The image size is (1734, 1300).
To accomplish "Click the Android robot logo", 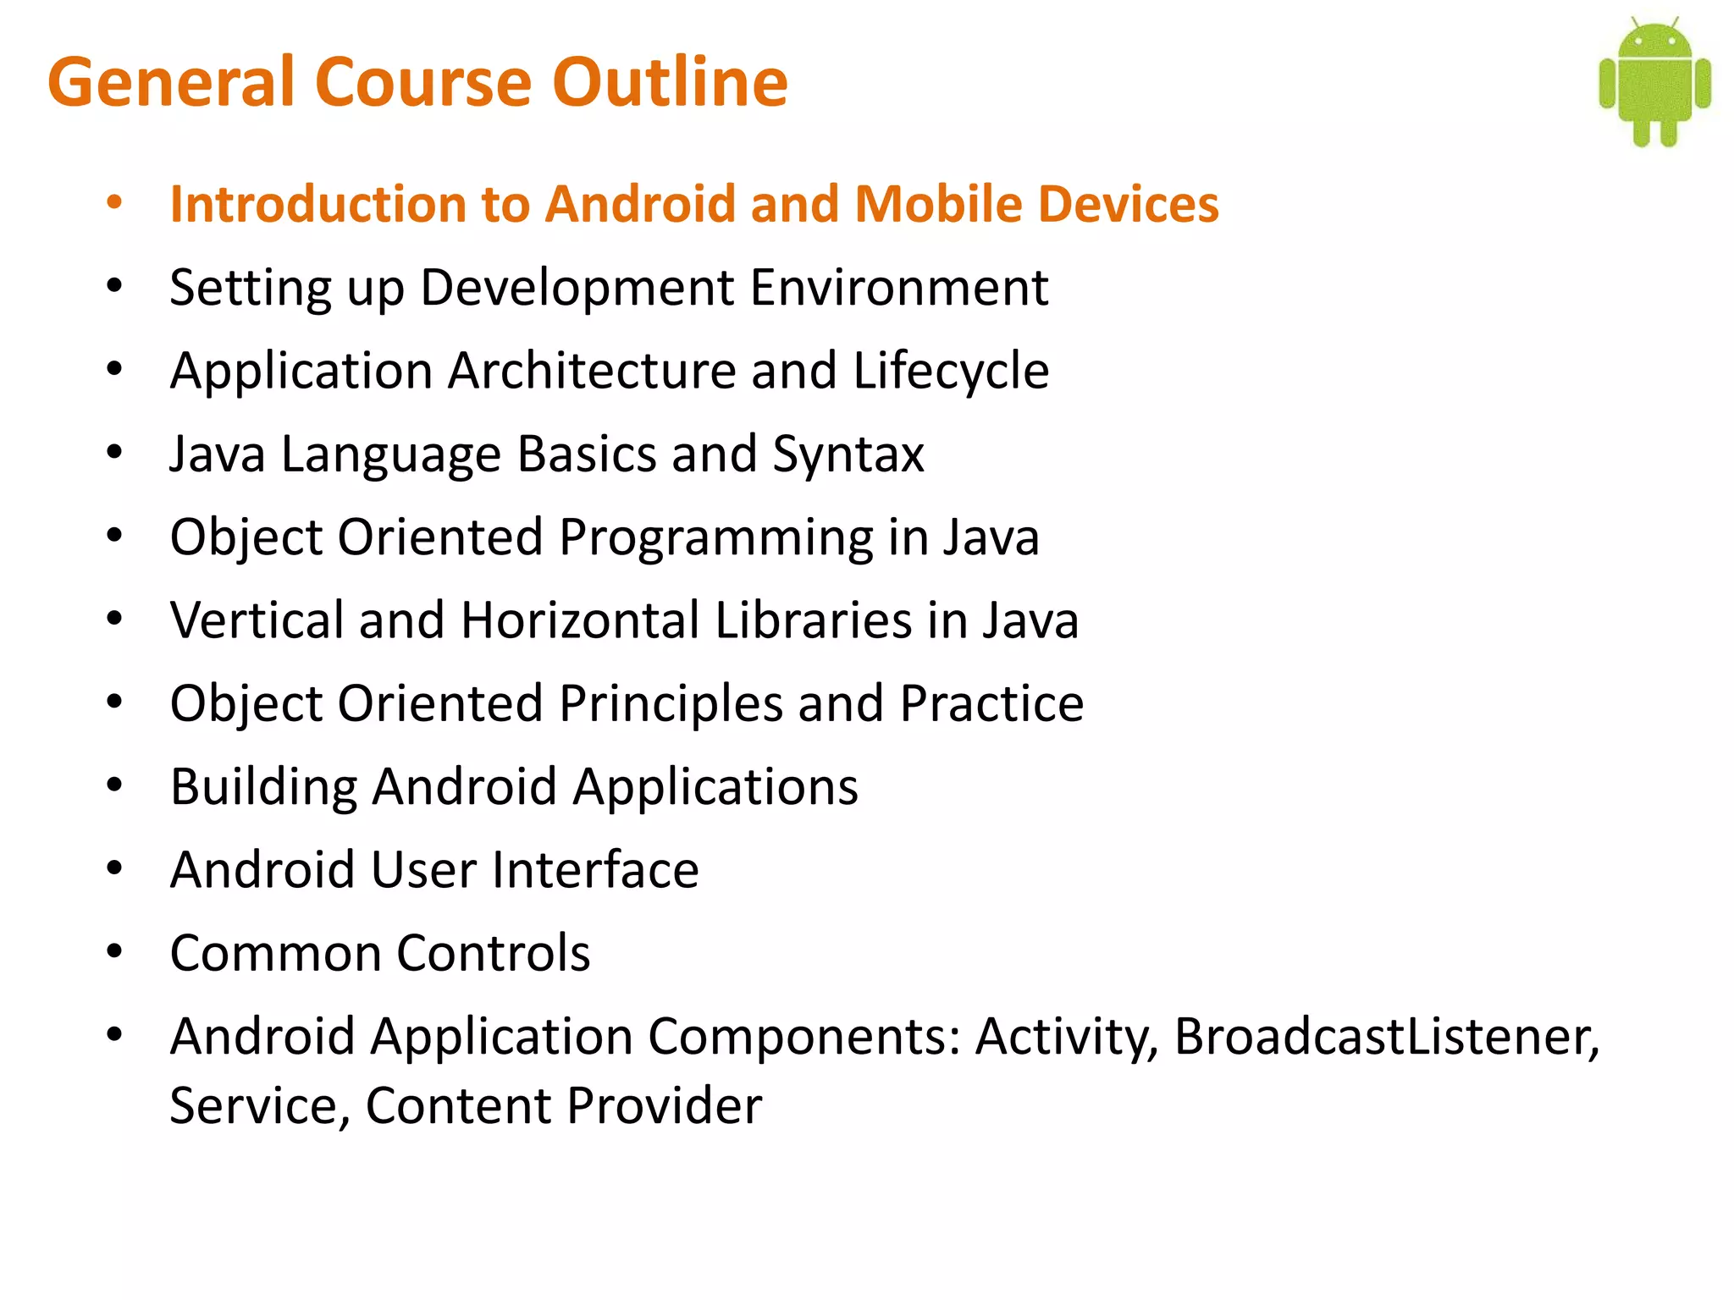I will click(1654, 83).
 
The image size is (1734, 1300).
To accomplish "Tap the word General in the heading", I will click(170, 82).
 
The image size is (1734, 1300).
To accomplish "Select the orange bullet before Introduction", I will click(114, 203).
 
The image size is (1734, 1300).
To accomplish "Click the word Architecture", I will click(592, 371).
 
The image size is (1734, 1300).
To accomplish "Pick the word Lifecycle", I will click(951, 371).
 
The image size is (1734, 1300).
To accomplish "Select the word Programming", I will click(715, 537).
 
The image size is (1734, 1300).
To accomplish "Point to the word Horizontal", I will click(579, 620).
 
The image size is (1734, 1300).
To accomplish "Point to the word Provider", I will click(664, 1105).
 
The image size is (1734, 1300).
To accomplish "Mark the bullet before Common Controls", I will click(114, 952).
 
